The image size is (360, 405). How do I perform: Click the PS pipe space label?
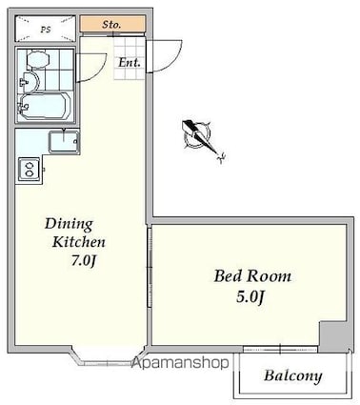click(46, 30)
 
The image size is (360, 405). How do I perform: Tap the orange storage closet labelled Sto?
click(112, 24)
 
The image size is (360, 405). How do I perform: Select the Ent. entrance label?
click(130, 63)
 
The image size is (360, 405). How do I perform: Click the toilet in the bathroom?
click(38, 59)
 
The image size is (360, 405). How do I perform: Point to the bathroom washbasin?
click(30, 82)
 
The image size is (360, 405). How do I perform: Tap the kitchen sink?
click(64, 142)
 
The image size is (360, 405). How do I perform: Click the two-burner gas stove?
click(30, 170)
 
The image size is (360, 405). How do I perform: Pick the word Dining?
click(69, 225)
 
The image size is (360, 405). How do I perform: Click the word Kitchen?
click(78, 242)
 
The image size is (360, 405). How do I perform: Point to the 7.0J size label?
click(83, 261)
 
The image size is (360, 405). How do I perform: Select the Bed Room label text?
click(252, 276)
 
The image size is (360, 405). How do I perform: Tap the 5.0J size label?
click(250, 297)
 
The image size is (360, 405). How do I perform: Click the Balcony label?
click(292, 376)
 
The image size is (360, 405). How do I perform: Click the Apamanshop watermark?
click(180, 362)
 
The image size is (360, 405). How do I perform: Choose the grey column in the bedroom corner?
click(332, 336)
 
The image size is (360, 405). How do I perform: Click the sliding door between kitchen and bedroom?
click(150, 267)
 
